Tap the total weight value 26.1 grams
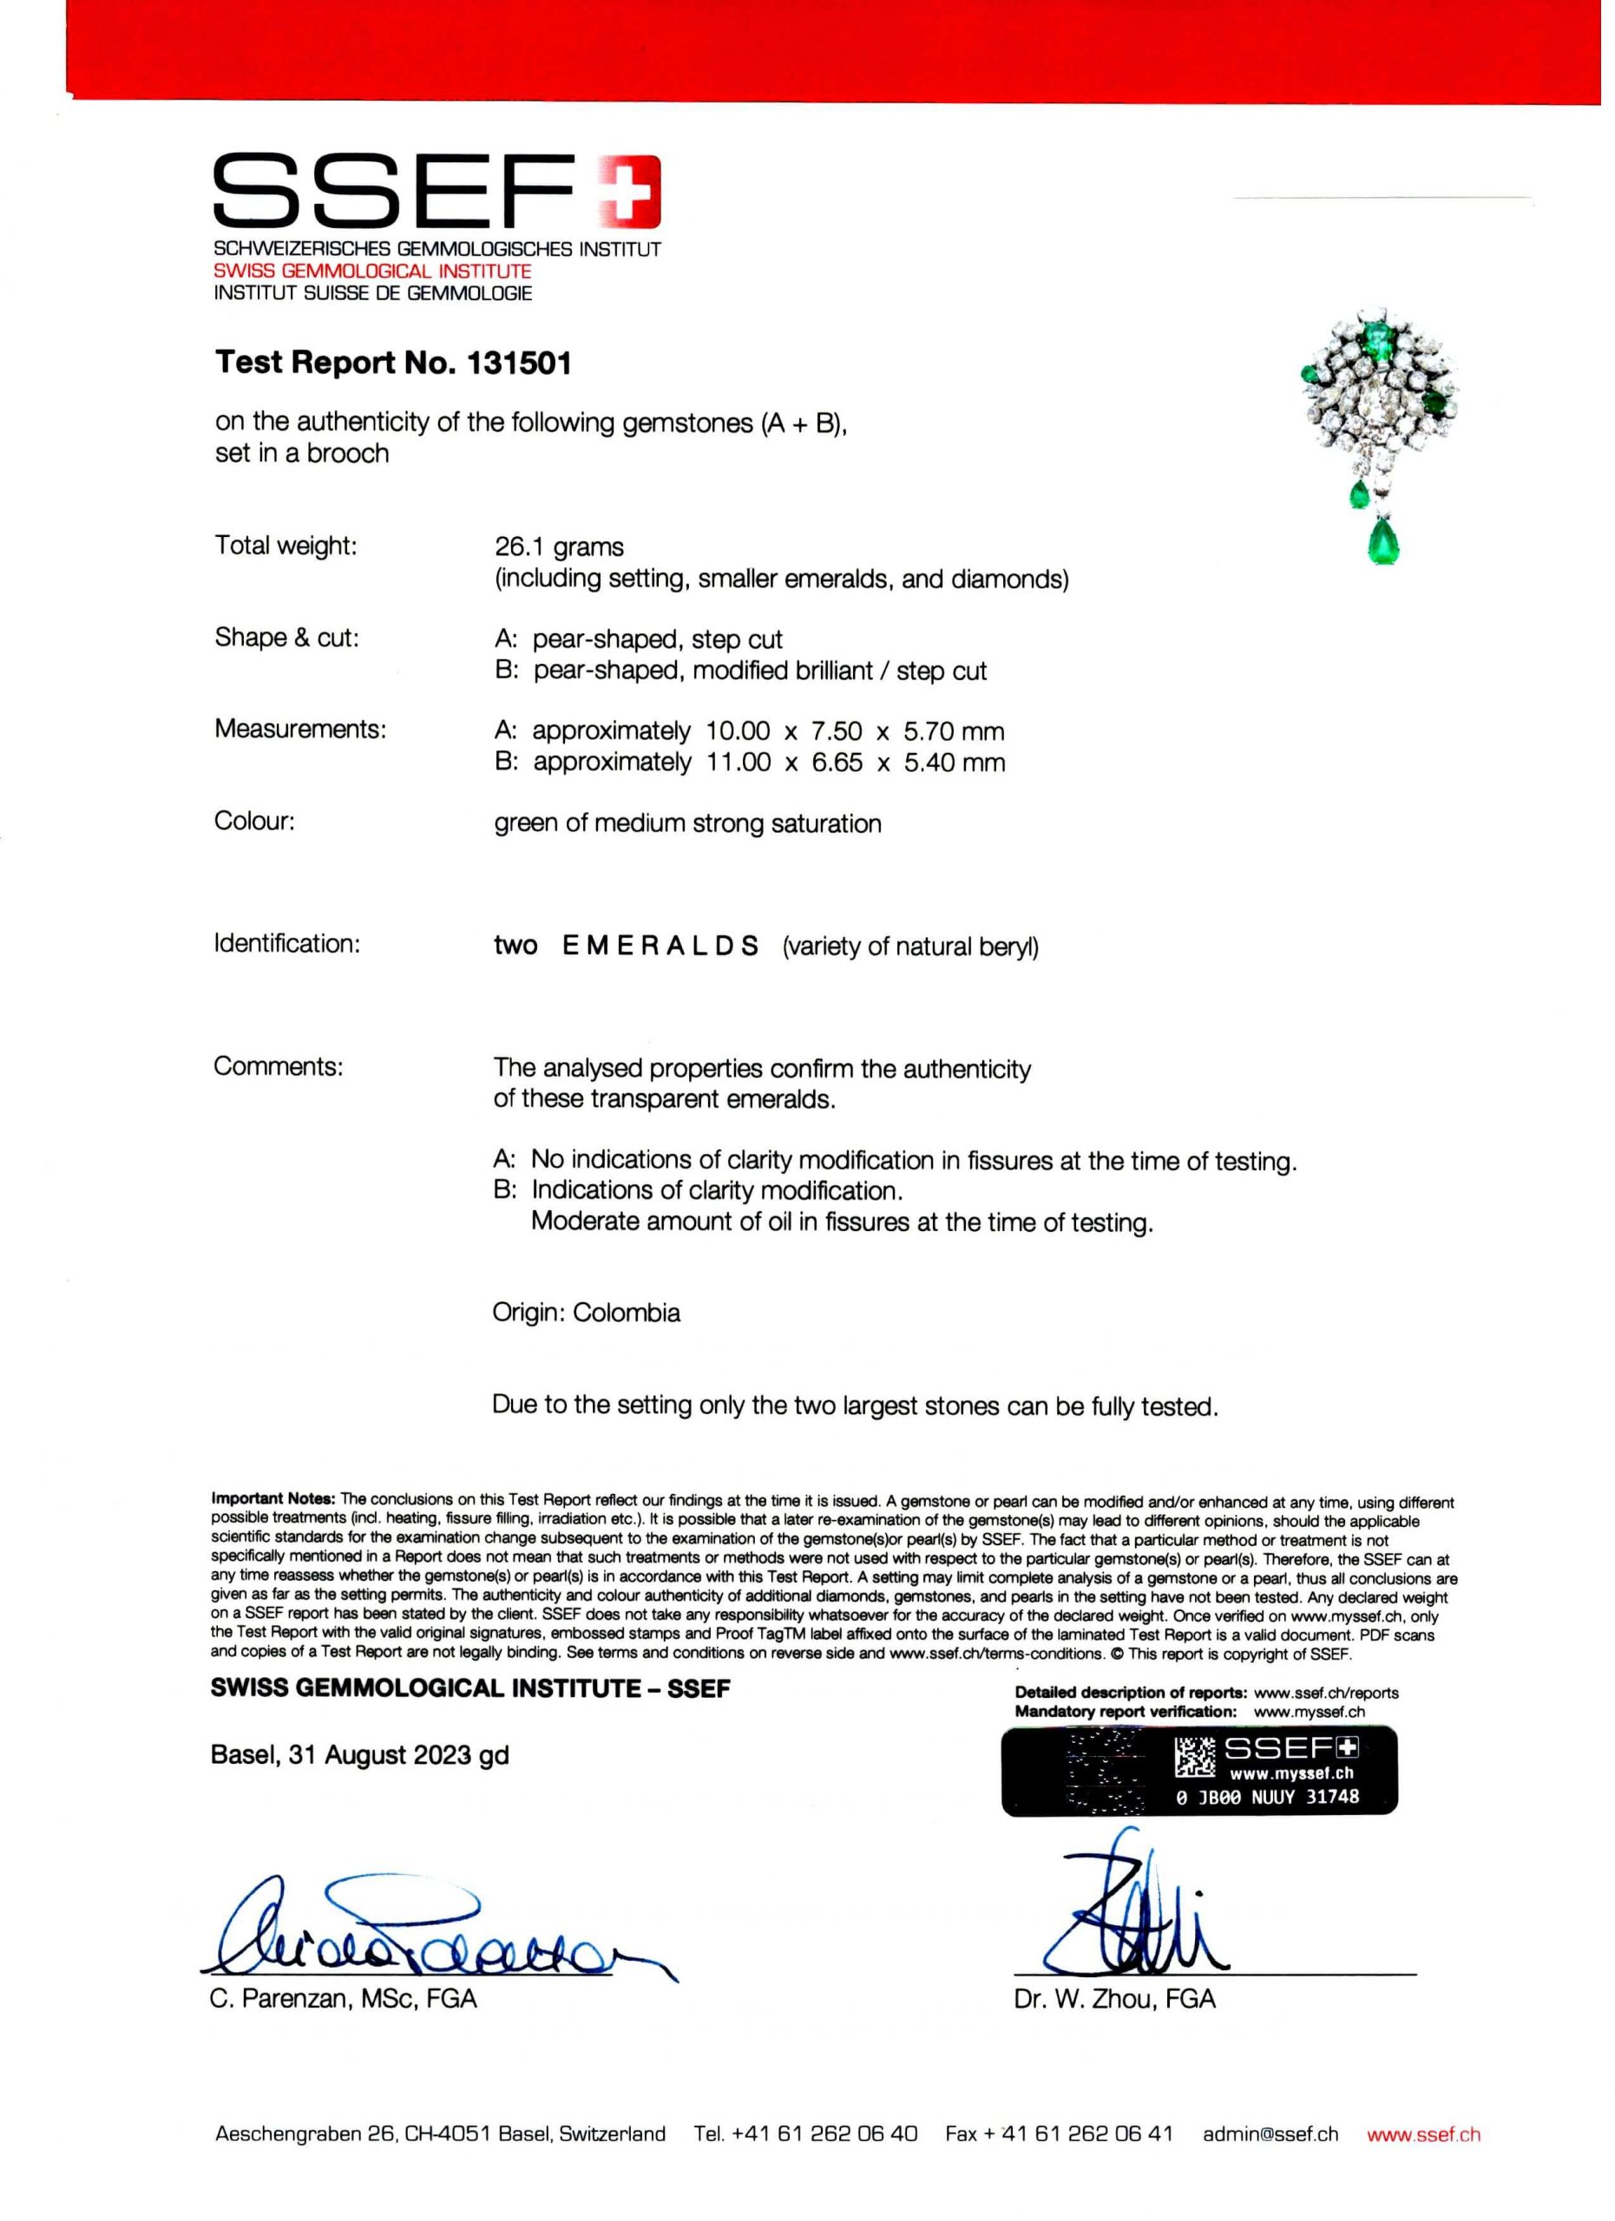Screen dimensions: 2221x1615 [558, 547]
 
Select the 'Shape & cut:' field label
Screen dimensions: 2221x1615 [287, 639]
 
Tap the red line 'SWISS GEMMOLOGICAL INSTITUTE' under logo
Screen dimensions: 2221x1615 [372, 272]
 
